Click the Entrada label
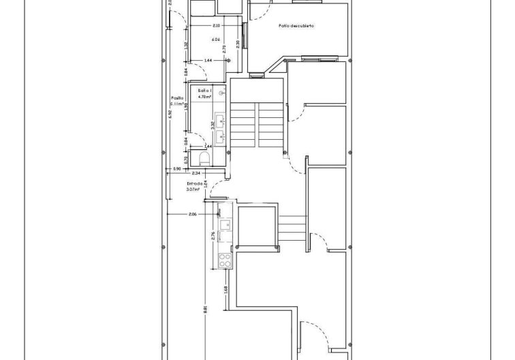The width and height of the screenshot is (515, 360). point(195,183)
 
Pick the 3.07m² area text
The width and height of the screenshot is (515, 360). point(193,190)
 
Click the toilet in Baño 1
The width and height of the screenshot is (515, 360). point(204,159)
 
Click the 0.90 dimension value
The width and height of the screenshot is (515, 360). point(176,168)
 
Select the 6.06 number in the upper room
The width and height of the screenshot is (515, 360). point(215,40)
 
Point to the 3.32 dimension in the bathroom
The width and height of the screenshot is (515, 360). point(213,125)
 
